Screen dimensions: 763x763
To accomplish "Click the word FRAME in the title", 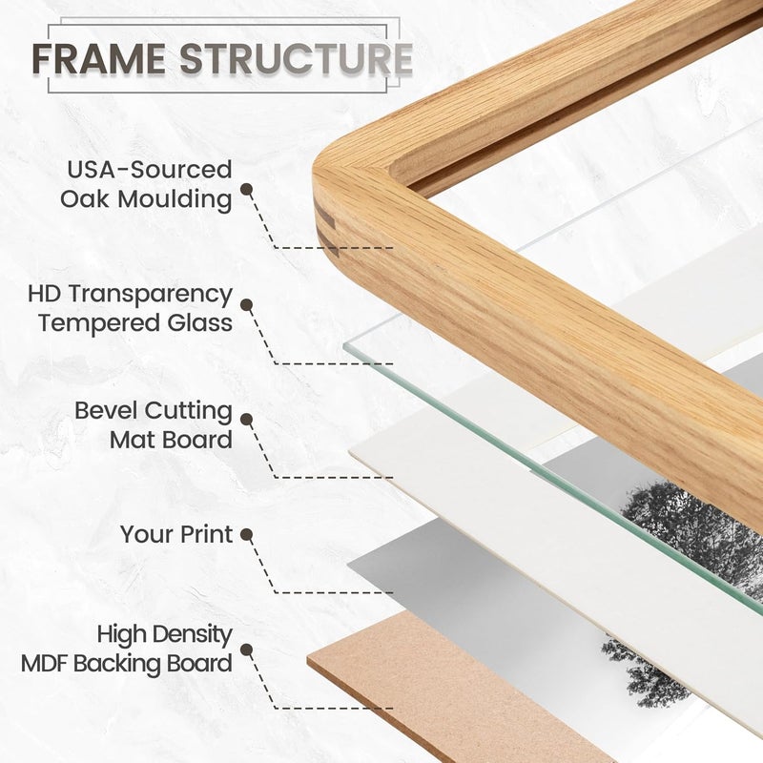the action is [x=99, y=58].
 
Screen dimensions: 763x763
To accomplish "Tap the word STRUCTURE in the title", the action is [x=297, y=58].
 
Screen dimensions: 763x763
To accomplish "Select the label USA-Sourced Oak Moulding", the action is [x=146, y=185].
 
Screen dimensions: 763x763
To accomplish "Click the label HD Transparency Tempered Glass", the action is [x=131, y=308].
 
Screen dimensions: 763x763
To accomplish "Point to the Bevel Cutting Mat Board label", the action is [x=154, y=425].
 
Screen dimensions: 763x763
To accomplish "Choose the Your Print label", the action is [x=176, y=534].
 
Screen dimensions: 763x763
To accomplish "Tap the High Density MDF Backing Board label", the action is [x=127, y=650].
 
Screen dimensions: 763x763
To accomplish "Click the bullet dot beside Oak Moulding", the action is [x=247, y=189].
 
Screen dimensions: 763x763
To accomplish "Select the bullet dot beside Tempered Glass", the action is [x=247, y=305].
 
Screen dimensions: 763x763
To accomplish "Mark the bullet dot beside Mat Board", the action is [x=247, y=420].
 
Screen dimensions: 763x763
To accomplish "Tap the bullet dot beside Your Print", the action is [x=247, y=535].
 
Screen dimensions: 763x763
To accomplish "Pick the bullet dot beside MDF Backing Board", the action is [x=247, y=650].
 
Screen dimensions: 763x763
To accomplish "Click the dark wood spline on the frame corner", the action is [x=326, y=229].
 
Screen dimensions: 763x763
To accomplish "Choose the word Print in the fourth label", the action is [x=207, y=534].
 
